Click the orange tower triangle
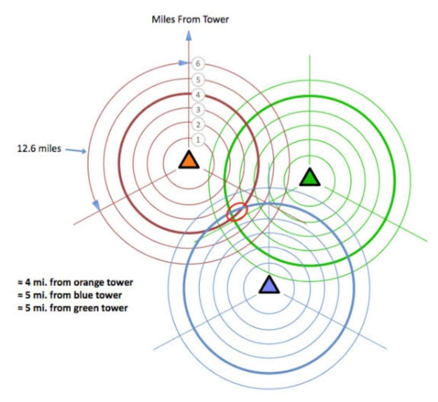[x=189, y=160]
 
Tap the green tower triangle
[x=310, y=178]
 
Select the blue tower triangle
[x=269, y=285]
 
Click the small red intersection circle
[x=237, y=212]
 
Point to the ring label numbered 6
[x=198, y=64]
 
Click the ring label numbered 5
[x=198, y=80]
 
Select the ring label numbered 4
[x=198, y=95]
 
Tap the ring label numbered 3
[x=198, y=110]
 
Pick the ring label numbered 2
[x=198, y=125]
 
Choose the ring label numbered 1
[x=198, y=140]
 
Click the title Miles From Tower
[x=190, y=20]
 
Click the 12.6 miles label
[x=39, y=148]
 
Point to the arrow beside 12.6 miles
[x=76, y=151]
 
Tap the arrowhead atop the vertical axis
[x=189, y=35]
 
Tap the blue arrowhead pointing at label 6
[x=183, y=63]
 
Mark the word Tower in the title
[x=216, y=20]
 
